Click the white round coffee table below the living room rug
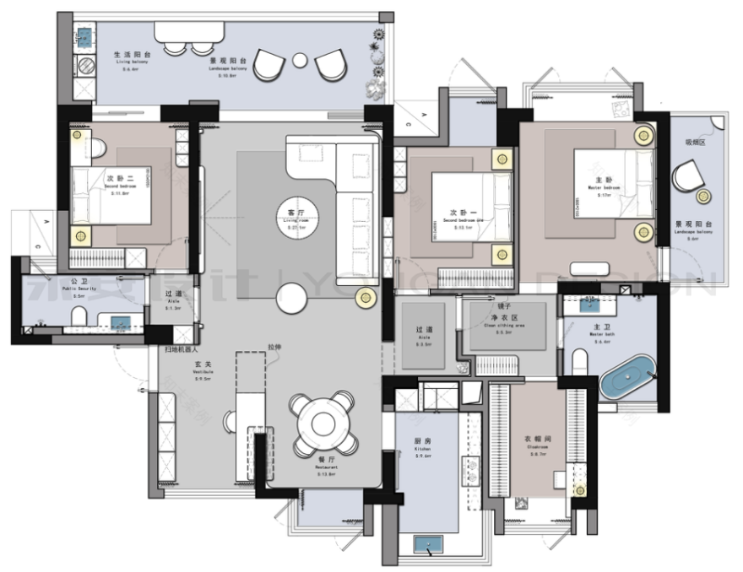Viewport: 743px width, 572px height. coord(291,297)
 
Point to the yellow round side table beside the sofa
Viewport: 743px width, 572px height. coord(366,296)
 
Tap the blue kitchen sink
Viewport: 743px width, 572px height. coord(429,542)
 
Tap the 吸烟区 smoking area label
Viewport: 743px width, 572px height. coord(694,143)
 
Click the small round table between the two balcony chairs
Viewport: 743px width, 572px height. coord(300,59)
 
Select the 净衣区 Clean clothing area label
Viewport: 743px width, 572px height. coord(508,318)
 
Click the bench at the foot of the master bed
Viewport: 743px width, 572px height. coord(590,269)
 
